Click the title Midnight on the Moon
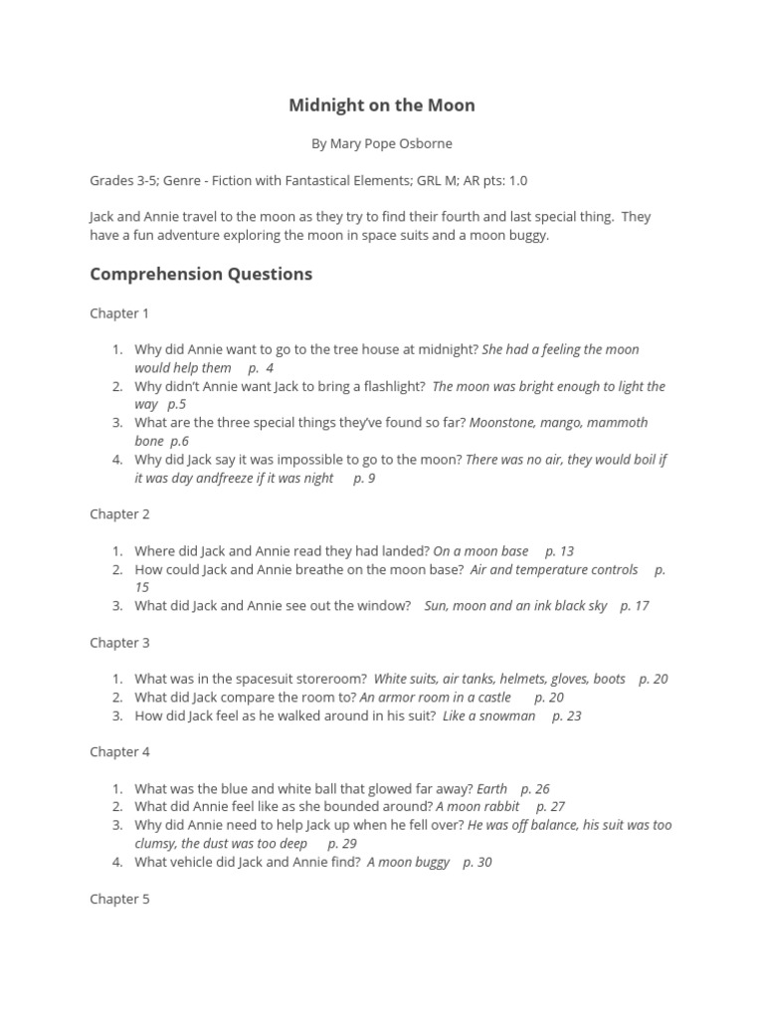pyautogui.click(x=381, y=104)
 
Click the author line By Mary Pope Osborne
pyautogui.click(x=381, y=143)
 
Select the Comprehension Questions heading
pyautogui.click(x=201, y=274)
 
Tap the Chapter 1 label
pyautogui.click(x=119, y=313)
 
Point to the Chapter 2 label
pyautogui.click(x=119, y=514)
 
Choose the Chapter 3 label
pyautogui.click(x=119, y=643)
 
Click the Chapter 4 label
pyautogui.click(x=119, y=752)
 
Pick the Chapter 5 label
pyautogui.click(x=119, y=899)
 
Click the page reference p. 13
pyautogui.click(x=559, y=551)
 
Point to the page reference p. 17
pyautogui.click(x=635, y=606)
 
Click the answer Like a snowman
pyautogui.click(x=488, y=715)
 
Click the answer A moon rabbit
pyautogui.click(x=477, y=807)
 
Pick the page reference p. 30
pyautogui.click(x=477, y=862)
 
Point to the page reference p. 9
pyautogui.click(x=364, y=478)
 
